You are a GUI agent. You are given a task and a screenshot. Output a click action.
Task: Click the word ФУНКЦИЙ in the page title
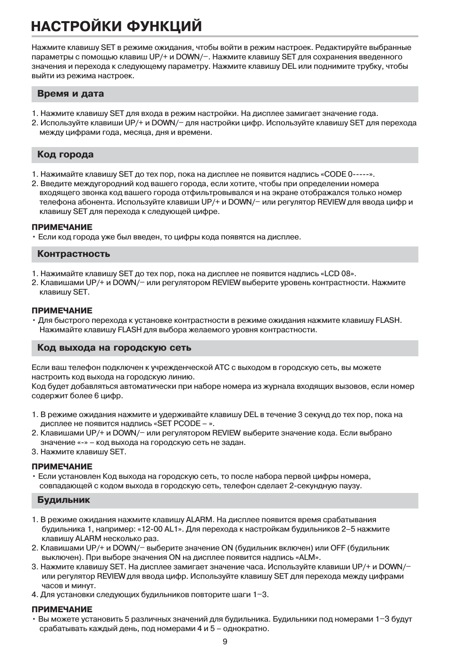[165, 26]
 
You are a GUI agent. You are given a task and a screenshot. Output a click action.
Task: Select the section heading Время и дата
[71, 94]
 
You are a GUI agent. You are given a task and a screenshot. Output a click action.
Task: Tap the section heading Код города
[66, 155]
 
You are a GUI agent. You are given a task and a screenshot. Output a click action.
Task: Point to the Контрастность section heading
[74, 254]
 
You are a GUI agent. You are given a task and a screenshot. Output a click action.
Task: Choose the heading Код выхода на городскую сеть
[114, 348]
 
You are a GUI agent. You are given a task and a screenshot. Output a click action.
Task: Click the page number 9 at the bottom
[225, 641]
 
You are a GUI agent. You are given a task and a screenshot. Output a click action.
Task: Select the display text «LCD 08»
[338, 273]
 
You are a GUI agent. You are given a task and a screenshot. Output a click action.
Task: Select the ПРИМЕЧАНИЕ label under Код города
[62, 227]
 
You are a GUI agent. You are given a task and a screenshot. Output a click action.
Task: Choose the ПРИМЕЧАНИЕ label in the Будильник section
[62, 609]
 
